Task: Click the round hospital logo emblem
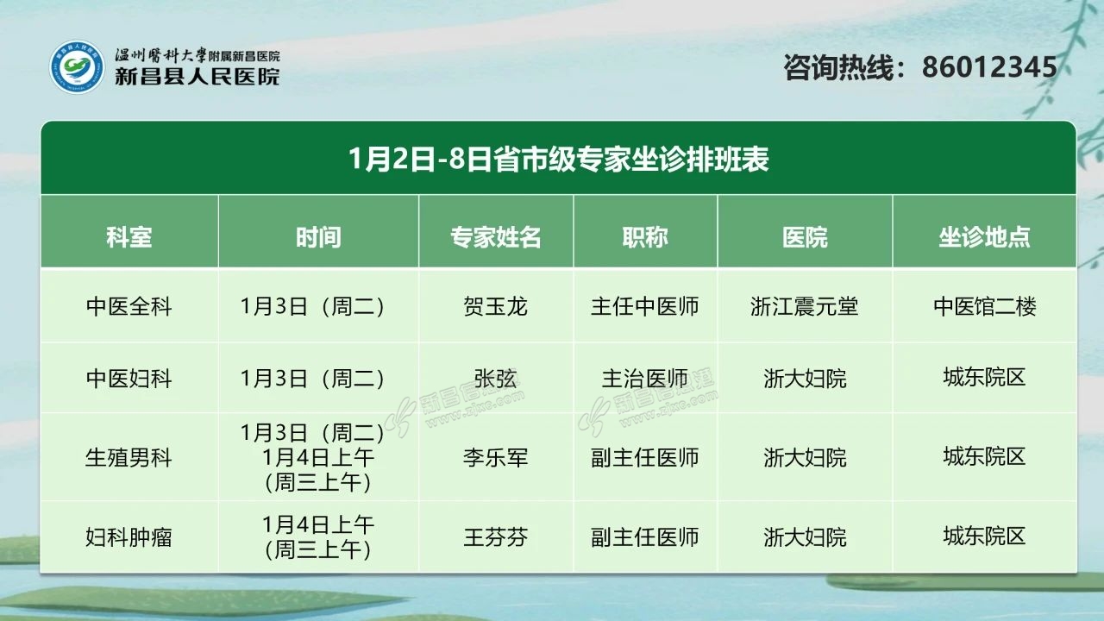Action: tap(78, 67)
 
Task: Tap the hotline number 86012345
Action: tap(989, 67)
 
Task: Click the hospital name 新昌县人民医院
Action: tap(198, 77)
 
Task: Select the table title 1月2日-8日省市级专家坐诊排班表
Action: tap(558, 160)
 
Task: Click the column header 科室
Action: tap(129, 237)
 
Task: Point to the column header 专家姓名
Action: tap(496, 237)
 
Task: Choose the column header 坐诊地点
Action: tap(984, 237)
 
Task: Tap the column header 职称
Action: tap(645, 237)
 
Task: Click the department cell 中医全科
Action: tap(129, 306)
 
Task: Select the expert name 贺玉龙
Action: tap(496, 306)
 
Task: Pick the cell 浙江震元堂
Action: tap(805, 306)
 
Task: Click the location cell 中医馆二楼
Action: tap(985, 306)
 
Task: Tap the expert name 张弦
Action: tap(496, 379)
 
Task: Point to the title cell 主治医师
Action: tap(645, 379)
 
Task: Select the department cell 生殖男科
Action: tap(129, 458)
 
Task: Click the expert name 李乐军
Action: tap(496, 458)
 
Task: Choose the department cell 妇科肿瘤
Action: tap(129, 537)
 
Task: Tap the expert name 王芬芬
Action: tap(496, 537)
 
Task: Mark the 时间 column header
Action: tap(318, 237)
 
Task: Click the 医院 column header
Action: tap(805, 237)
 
